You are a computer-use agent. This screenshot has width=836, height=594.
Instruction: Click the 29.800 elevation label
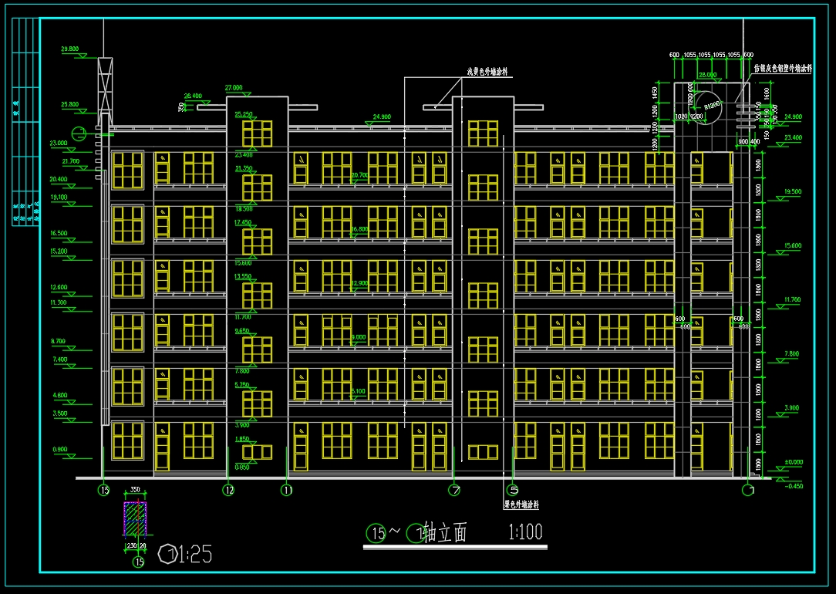pos(69,49)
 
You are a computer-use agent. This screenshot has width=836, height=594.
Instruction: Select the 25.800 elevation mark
pos(69,104)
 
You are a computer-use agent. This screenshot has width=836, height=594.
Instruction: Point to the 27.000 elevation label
pos(234,87)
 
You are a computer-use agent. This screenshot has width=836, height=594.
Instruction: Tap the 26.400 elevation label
pos(193,96)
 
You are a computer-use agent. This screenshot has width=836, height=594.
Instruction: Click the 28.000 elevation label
pos(706,75)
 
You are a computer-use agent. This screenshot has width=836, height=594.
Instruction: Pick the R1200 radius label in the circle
pos(712,103)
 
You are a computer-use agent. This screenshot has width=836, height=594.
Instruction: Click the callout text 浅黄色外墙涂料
pos(490,71)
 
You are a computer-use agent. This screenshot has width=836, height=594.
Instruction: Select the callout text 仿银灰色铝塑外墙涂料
pos(783,68)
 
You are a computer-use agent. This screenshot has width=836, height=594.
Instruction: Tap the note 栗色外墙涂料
pos(521,506)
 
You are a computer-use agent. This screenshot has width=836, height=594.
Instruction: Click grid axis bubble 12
pos(228,489)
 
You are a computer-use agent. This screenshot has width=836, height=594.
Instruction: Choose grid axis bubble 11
pos(287,489)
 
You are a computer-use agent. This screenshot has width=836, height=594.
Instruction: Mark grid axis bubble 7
pos(455,489)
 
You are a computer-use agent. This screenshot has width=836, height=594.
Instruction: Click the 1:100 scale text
pos(525,532)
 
